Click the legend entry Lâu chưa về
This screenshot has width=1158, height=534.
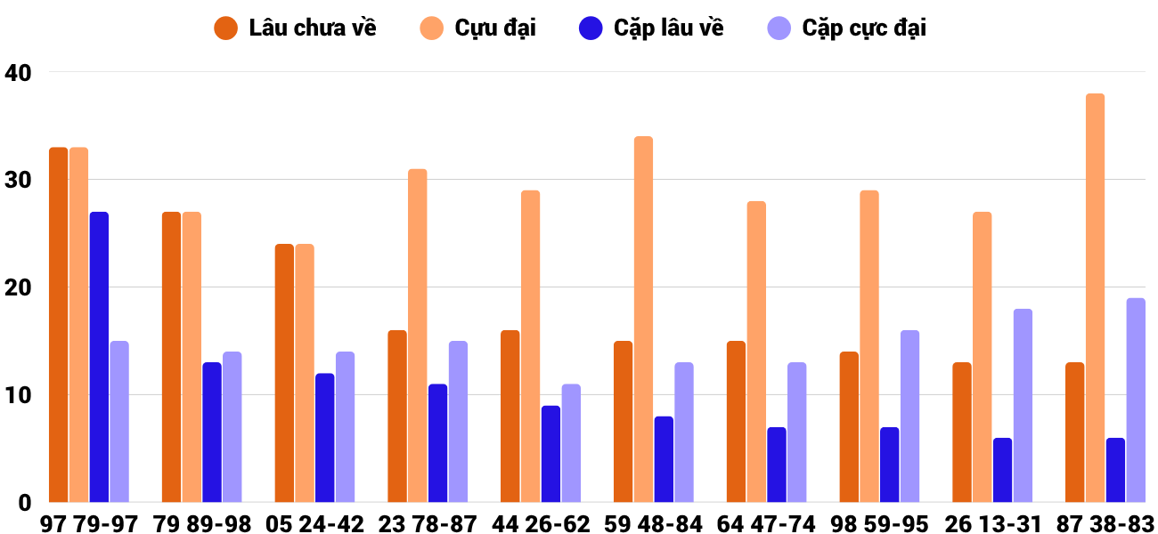pos(295,28)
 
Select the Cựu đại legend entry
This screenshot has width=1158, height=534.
pos(477,28)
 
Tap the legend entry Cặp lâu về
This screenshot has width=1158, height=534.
pos(651,28)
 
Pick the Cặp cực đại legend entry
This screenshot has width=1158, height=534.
pos(847,28)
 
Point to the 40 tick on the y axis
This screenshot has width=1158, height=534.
pos(18,72)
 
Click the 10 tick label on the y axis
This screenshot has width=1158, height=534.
pos(18,395)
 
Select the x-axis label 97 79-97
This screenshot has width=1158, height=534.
pos(89,524)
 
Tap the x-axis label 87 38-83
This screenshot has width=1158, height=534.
pos(1105,524)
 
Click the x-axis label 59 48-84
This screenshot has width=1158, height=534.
pos(654,524)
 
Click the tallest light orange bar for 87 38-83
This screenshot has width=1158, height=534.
pos(1095,298)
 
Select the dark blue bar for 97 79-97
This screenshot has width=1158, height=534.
pos(99,357)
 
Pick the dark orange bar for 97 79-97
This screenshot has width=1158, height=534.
pos(59,325)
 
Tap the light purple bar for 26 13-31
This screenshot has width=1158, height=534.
pos(1023,406)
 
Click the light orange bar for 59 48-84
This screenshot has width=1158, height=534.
pos(644,320)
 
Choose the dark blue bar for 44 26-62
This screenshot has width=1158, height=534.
pos(550,454)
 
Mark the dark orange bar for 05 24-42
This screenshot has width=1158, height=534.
pos(284,373)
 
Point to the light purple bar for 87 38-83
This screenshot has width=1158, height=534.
pos(1136,400)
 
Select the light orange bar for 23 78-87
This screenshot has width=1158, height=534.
pos(418,336)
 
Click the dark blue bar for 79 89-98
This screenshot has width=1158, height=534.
pos(212,433)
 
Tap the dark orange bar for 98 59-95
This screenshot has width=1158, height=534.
pos(849,427)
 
